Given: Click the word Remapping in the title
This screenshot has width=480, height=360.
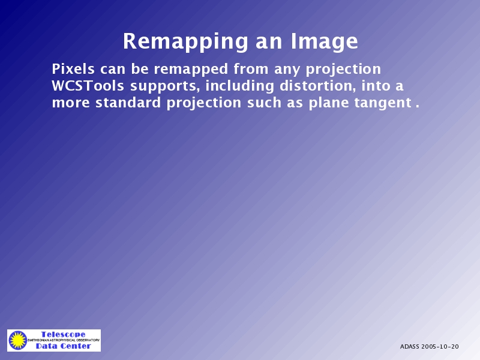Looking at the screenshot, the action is [x=185, y=41].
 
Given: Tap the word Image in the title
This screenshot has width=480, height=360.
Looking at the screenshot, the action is [x=324, y=41].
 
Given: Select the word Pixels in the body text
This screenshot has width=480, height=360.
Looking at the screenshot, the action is [x=73, y=69].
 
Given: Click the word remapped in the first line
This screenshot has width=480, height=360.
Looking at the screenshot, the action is [x=191, y=70].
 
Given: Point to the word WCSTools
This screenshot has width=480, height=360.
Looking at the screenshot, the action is [x=88, y=86].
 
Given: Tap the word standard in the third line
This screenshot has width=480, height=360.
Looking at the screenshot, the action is [x=128, y=102].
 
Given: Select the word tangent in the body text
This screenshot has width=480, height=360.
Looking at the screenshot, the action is [x=383, y=103].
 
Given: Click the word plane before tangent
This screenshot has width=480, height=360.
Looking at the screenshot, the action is [x=329, y=103].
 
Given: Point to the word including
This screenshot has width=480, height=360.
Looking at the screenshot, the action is [x=239, y=86].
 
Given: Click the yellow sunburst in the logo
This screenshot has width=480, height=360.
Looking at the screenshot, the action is [x=18, y=340].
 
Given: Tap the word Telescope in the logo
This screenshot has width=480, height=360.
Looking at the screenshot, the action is [x=64, y=334].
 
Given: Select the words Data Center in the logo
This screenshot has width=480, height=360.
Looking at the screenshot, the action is [x=64, y=346].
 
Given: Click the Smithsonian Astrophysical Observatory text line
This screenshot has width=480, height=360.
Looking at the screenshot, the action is [x=64, y=340].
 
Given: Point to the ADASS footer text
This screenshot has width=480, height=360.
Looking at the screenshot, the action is [x=410, y=347].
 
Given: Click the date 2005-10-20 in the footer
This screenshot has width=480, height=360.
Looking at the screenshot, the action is [x=440, y=347].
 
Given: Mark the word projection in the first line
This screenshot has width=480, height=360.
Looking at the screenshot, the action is [x=343, y=70].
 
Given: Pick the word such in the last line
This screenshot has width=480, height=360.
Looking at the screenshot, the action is [x=264, y=102].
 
